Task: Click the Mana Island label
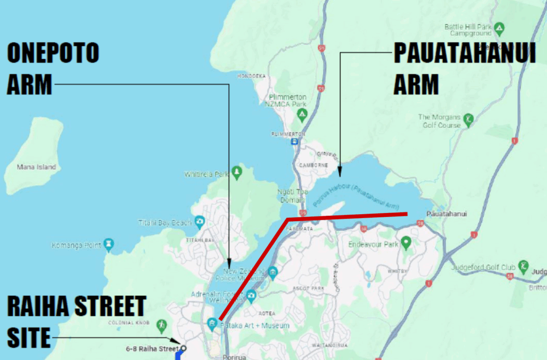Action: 37,167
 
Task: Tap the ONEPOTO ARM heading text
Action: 52,69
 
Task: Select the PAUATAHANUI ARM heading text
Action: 464,69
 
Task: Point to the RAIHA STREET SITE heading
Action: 75,321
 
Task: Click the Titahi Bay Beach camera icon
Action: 199,221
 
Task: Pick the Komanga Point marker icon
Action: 109,244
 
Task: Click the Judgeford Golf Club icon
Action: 523,265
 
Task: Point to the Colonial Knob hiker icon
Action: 161,324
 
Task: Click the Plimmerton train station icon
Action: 294,142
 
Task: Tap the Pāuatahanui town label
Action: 447,214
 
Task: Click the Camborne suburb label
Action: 313,166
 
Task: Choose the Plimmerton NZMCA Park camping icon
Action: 302,113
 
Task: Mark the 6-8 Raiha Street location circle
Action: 183,349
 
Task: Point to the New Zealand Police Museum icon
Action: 273,274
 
